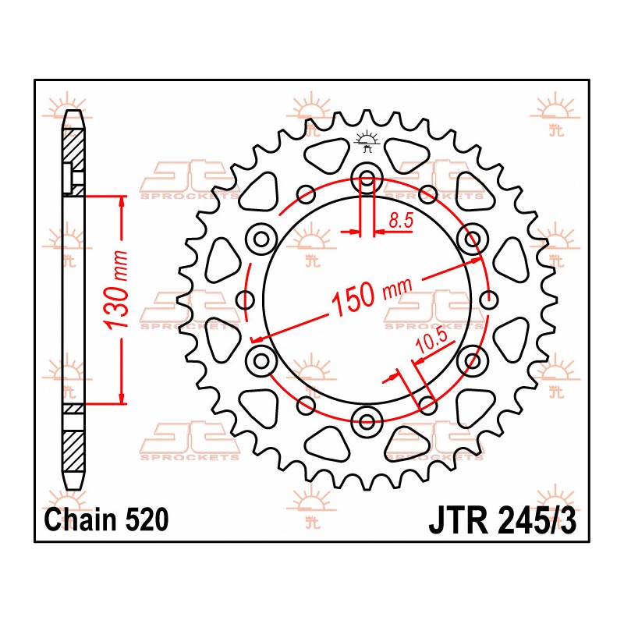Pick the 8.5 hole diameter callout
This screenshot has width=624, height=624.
(400, 222)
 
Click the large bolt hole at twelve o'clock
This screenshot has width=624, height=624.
(367, 177)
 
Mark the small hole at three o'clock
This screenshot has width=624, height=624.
(490, 299)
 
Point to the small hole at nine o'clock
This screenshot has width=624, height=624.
(245, 299)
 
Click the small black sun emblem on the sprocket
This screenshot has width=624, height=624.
(367, 141)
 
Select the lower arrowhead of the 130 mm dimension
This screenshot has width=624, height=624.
(122, 398)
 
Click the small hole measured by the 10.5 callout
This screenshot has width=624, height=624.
(428, 404)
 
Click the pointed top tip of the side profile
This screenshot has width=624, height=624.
(73, 113)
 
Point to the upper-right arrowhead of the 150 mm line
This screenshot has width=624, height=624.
(476, 263)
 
